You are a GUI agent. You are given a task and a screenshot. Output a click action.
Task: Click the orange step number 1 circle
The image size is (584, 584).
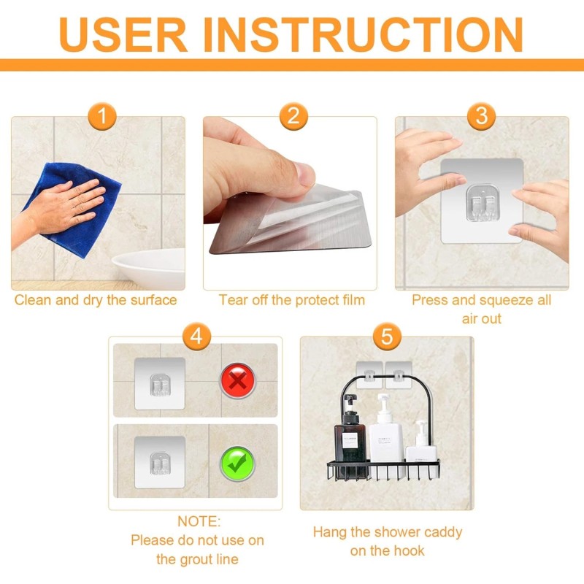click(x=103, y=116)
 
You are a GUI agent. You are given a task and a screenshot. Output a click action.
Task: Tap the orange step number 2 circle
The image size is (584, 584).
click(x=293, y=116)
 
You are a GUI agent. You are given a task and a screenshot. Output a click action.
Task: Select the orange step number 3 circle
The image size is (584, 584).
click(x=481, y=116)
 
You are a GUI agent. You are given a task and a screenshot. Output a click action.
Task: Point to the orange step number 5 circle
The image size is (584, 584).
click(x=387, y=337)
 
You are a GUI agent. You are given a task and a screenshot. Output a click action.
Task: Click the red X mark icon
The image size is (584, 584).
click(x=237, y=381)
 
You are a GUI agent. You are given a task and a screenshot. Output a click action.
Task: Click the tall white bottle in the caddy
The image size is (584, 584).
click(x=384, y=434)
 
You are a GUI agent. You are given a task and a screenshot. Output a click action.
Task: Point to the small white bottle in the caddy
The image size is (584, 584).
click(x=421, y=445)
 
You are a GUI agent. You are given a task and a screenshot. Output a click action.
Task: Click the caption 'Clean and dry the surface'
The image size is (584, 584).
click(x=96, y=300)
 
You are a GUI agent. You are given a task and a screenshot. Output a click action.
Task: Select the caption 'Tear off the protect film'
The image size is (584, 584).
click(x=291, y=300)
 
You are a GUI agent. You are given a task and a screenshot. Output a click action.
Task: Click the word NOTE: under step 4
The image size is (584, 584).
click(x=198, y=522)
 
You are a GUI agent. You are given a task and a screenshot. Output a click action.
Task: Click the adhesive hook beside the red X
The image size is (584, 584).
click(x=159, y=383)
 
